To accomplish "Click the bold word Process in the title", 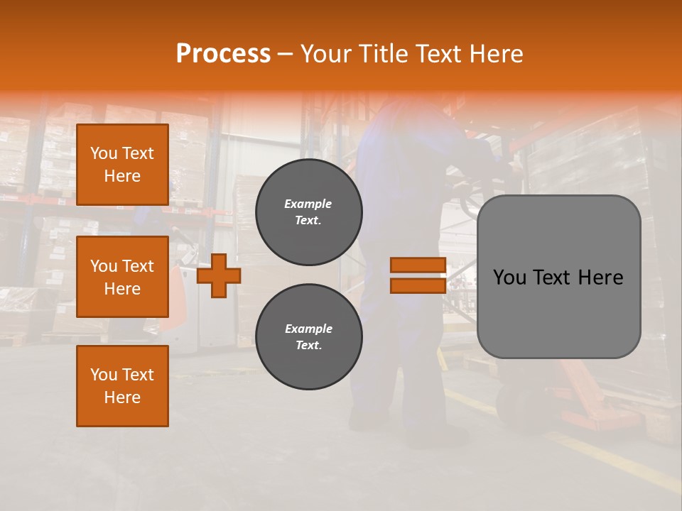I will click(223, 54).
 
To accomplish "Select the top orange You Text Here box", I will click(122, 165).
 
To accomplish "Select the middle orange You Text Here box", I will click(122, 277).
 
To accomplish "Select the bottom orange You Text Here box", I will click(122, 386).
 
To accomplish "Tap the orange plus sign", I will click(219, 275).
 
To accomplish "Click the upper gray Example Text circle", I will click(308, 212).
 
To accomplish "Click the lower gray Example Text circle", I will click(308, 337).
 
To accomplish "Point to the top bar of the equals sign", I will click(418, 265).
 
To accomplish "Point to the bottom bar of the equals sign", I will click(418, 285).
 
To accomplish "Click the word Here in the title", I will click(497, 54).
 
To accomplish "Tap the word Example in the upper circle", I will click(308, 204).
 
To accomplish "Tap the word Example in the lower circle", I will click(308, 329).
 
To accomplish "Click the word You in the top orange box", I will click(104, 153).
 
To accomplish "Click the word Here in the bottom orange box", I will click(122, 397).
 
